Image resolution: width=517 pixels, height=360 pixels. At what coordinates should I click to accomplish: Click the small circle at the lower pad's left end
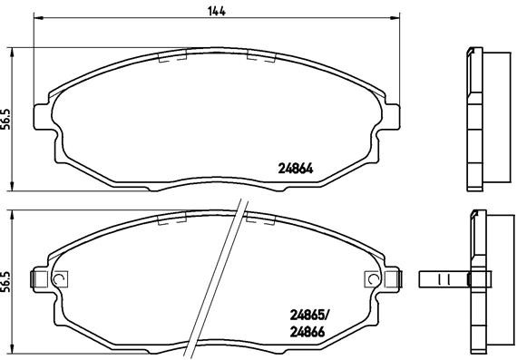[x=61, y=279]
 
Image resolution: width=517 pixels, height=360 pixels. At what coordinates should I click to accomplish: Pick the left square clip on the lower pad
[x=40, y=280]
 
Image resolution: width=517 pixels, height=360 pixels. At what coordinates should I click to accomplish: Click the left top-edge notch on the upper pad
[x=171, y=56]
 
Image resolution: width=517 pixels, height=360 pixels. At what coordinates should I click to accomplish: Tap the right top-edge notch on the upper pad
[x=261, y=56]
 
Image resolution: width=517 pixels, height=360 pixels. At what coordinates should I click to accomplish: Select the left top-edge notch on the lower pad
[x=171, y=219]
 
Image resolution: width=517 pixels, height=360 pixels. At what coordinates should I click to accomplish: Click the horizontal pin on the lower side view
[x=444, y=279]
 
